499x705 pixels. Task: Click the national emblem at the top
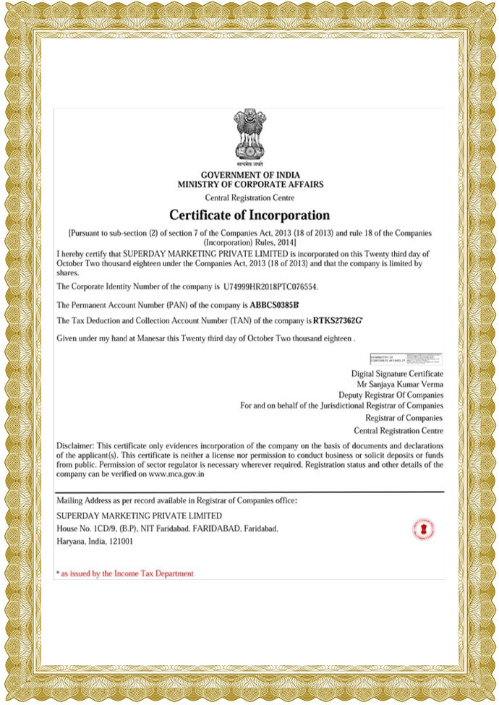249,137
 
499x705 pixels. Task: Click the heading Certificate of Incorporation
249,215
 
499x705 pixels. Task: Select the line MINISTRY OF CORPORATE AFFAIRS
250,185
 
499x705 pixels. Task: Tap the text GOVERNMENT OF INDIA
250,176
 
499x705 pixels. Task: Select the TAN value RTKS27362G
339,320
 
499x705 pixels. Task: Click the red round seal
423,529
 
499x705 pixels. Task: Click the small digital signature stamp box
406,357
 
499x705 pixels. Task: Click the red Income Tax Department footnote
127,573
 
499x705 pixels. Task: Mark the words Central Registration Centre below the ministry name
250,197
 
